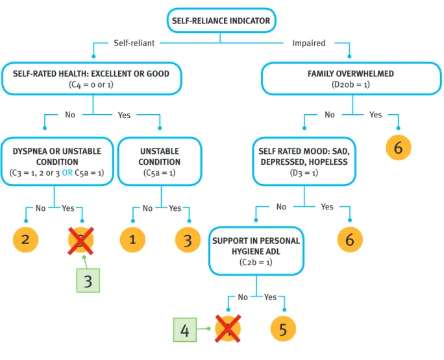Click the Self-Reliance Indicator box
[221, 20]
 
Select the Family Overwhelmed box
[351, 78]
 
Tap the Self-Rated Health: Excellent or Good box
[92, 78]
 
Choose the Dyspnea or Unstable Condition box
[57, 162]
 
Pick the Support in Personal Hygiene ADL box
[256, 251]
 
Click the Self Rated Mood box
[304, 162]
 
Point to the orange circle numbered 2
[25, 240]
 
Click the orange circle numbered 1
[132, 240]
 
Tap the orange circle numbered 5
[283, 329]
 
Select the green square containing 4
[185, 330]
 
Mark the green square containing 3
[88, 280]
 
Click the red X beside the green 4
[228, 329]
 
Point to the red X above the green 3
[80, 241]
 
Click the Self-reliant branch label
[134, 43]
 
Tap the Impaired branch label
[309, 43]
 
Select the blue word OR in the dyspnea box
[67, 173]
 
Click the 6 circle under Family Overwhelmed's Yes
[399, 148]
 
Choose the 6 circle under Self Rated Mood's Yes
[350, 240]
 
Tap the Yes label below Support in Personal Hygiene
[271, 297]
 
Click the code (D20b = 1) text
[351, 84]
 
